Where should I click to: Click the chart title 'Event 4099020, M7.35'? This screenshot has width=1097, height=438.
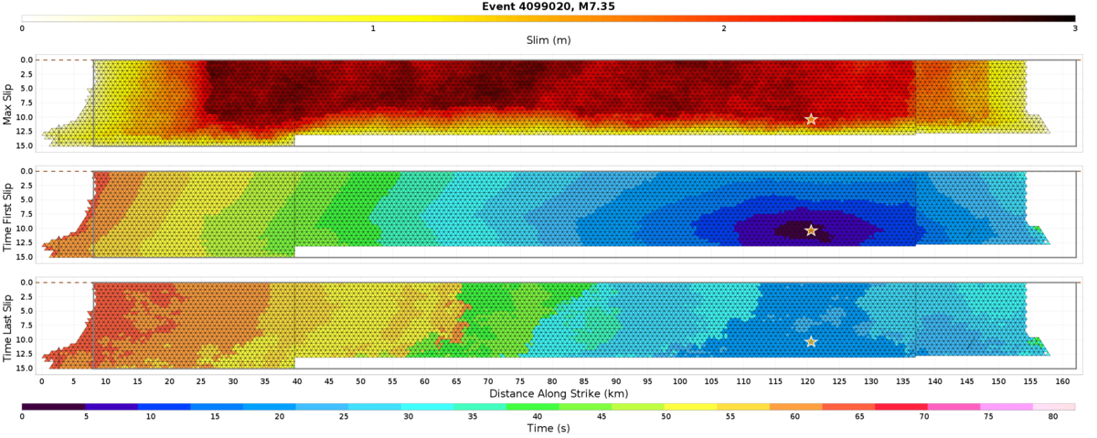548,5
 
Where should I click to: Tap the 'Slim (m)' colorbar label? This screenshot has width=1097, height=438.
548,39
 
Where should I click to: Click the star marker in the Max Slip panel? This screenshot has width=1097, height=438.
811,120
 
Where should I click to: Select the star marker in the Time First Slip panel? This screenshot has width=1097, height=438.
811,230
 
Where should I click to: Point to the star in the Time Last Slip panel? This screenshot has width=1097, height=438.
811,342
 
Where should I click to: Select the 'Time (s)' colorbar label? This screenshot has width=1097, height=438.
548,427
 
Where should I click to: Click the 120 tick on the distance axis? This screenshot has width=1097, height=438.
807,380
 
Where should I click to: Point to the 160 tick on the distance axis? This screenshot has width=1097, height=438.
1062,380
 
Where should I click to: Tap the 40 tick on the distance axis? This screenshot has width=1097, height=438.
296,380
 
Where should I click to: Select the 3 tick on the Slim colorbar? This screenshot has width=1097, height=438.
1074,28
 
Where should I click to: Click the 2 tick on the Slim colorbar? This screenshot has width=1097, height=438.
724,28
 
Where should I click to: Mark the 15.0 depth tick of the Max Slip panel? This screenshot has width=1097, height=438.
26,145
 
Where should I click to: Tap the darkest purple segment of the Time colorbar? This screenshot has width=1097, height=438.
53,405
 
